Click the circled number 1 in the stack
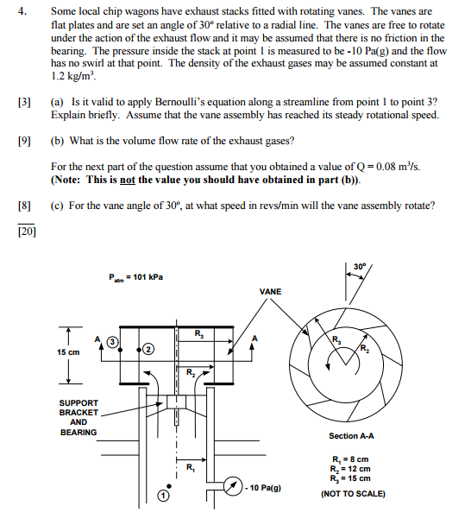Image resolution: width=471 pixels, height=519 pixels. (163, 496)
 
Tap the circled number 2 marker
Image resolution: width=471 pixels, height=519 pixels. (148, 350)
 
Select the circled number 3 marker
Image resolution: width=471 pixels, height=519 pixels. (112, 342)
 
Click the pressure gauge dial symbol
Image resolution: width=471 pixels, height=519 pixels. (234, 486)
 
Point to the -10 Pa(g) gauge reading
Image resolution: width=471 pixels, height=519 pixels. (263, 488)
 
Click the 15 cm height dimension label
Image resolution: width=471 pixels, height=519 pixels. (68, 352)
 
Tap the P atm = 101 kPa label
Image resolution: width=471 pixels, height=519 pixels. (135, 277)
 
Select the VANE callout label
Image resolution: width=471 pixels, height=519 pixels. (270, 292)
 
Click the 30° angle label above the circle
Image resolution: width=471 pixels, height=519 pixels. (360, 267)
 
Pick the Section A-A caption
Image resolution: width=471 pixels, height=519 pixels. (351, 436)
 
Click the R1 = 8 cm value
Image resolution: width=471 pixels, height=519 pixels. (350, 459)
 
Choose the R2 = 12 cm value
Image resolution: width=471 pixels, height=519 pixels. (350, 469)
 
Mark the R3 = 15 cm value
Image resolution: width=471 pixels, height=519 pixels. (350, 478)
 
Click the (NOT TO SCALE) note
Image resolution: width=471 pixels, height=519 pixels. (353, 494)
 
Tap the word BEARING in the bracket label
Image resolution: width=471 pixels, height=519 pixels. (78, 433)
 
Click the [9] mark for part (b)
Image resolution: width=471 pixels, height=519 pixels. (24, 142)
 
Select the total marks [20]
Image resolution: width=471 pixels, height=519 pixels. (27, 231)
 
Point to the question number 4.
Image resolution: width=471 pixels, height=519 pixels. (22, 11)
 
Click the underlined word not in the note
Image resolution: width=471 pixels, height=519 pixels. (128, 180)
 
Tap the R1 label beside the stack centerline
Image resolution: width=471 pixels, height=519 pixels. (191, 468)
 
